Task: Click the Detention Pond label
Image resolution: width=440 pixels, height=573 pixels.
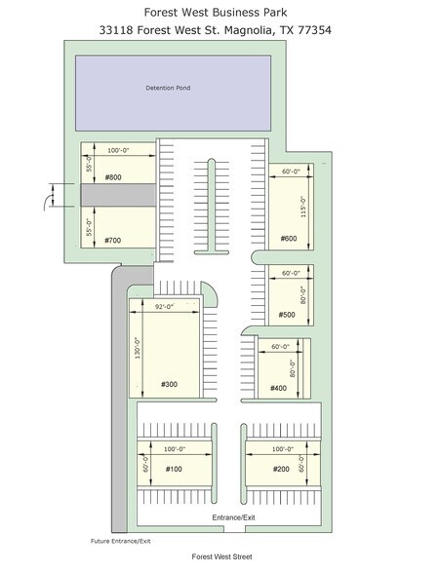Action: click(168, 88)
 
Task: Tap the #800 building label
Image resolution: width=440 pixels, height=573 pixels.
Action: click(113, 177)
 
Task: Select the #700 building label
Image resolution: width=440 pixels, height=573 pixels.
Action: click(112, 240)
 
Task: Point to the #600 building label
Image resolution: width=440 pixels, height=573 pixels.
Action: click(289, 239)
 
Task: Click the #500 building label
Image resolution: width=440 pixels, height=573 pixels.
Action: click(287, 315)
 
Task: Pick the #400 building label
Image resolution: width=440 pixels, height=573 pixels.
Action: click(278, 388)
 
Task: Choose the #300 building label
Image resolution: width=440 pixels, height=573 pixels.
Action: click(170, 384)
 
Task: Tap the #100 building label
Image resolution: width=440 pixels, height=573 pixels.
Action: click(174, 469)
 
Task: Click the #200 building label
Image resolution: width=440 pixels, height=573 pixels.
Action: click(281, 469)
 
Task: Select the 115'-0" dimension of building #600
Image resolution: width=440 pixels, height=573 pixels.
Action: click(303, 207)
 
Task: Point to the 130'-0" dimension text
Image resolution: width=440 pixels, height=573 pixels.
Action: click(138, 348)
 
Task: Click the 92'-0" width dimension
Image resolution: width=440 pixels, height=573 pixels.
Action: click(164, 307)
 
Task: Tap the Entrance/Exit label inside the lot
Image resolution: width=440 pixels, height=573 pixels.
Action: click(234, 517)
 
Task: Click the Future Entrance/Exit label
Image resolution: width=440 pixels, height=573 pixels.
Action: click(121, 541)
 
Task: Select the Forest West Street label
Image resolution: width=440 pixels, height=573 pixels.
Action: click(222, 556)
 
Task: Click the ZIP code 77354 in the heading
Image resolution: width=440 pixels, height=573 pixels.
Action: click(314, 30)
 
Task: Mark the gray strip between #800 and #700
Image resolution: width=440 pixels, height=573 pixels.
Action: click(118, 195)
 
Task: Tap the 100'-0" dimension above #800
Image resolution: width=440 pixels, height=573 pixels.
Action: click(118, 150)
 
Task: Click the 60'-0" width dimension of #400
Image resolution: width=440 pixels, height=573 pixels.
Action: click(281, 347)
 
